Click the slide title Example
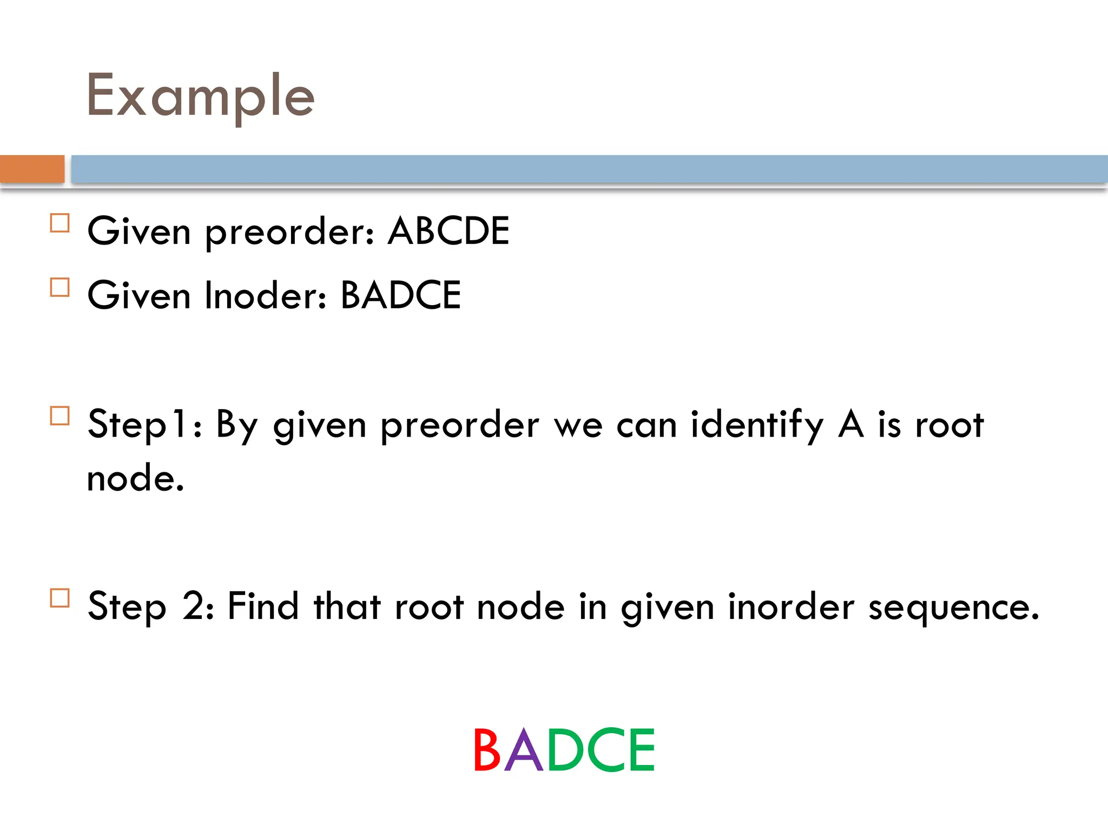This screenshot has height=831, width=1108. tap(200, 96)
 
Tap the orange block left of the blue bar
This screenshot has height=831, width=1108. tap(32, 169)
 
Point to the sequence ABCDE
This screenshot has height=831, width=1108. tap(449, 231)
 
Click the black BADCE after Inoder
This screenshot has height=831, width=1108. tap(400, 295)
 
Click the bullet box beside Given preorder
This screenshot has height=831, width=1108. tap(60, 223)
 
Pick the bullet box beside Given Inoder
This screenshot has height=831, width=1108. tap(60, 287)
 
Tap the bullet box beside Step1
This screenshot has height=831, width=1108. tap(60, 416)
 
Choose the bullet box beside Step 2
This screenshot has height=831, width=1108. tap(60, 598)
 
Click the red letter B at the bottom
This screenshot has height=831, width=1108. tap(486, 750)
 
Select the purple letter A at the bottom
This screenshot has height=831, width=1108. tap(523, 750)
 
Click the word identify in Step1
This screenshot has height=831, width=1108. tap(757, 425)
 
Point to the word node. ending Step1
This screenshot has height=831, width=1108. tap(135, 479)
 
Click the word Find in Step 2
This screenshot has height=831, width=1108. tap(263, 606)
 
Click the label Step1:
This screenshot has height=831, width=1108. tap(144, 425)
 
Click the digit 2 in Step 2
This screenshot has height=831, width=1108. tap(193, 606)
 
